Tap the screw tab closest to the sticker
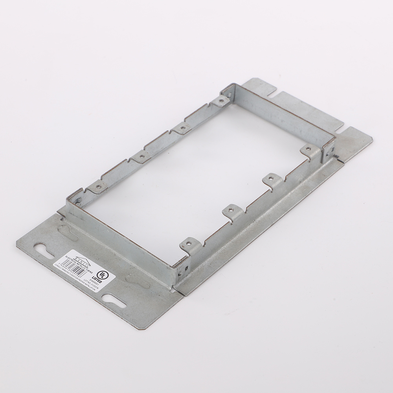(187, 245)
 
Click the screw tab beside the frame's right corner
(309, 151)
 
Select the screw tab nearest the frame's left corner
(97, 186)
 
